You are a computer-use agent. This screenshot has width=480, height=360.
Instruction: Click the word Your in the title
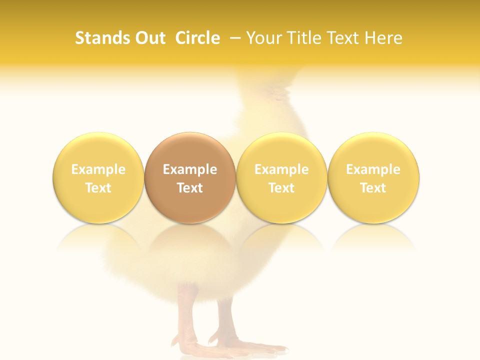[263, 38]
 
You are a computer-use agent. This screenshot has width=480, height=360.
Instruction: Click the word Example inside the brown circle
[190, 169]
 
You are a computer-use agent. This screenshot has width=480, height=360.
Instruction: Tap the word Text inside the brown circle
[190, 188]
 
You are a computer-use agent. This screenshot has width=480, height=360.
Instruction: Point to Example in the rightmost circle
[373, 169]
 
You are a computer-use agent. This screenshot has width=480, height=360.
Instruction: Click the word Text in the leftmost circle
[98, 188]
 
